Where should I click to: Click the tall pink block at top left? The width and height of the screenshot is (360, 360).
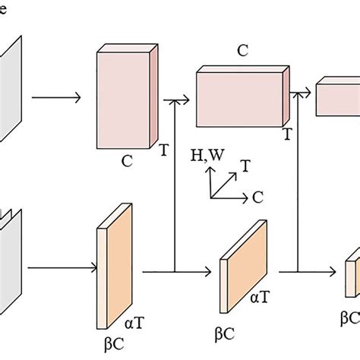point(126,98)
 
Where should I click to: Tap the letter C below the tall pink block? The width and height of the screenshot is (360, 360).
point(128,162)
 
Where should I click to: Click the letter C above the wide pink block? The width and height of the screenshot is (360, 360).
point(242,52)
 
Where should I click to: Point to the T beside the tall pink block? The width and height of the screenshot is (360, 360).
point(163,151)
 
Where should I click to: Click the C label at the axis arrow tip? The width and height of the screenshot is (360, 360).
point(258,197)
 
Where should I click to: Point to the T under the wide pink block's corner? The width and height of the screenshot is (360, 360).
point(287,134)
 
